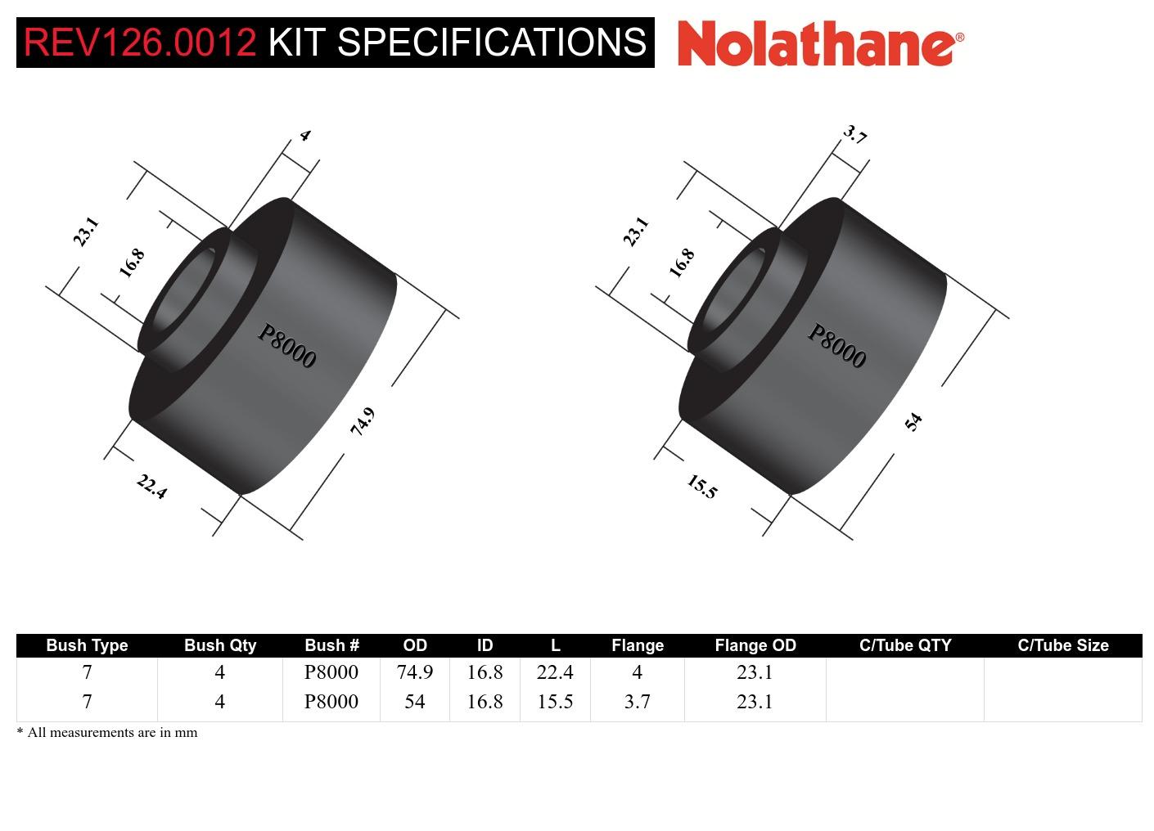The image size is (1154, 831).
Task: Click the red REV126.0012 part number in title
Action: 140,43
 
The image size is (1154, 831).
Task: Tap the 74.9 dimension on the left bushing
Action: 362,421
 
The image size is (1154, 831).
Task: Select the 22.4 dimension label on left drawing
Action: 151,487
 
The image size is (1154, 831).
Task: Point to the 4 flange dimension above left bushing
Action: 304,136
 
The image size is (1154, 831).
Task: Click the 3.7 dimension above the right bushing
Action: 854,135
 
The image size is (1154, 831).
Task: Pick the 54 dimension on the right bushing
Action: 913,422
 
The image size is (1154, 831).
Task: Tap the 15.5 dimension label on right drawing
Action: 701,487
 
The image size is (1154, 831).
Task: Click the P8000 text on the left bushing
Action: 286,346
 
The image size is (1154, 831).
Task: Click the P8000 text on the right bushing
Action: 836,346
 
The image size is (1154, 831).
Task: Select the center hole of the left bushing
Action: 182,294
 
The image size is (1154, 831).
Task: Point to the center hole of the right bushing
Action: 732,294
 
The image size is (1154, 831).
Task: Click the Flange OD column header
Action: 755,645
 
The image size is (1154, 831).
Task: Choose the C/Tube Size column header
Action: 1062,645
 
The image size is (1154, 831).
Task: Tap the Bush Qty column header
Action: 219,645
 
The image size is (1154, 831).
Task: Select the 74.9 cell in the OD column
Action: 414,672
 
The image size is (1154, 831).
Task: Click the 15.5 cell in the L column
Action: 554,702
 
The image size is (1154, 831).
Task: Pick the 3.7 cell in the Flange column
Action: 637,702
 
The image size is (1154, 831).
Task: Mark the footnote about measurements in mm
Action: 107,733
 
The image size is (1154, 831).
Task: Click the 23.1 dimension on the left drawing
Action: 85,231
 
